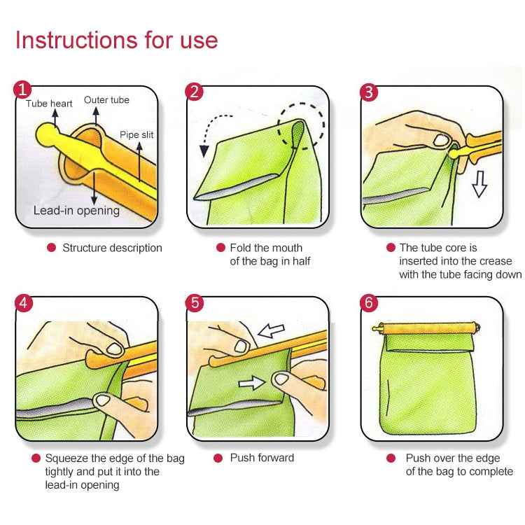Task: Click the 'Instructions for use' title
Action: pos(116,40)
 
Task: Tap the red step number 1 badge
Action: pos(23,90)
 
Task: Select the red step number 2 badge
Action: pos(195,91)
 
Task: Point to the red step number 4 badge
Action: pos(23,302)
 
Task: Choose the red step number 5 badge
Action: pos(195,302)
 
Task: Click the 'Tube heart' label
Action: pos(49,104)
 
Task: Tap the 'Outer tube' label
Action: pos(106,100)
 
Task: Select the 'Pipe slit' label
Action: pos(136,135)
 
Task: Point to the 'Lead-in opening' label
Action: pos(76,210)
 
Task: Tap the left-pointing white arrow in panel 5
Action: pos(272,330)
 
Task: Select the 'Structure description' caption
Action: pos(112,248)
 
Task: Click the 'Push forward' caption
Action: pos(262,458)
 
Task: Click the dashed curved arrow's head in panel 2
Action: pos(204,150)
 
